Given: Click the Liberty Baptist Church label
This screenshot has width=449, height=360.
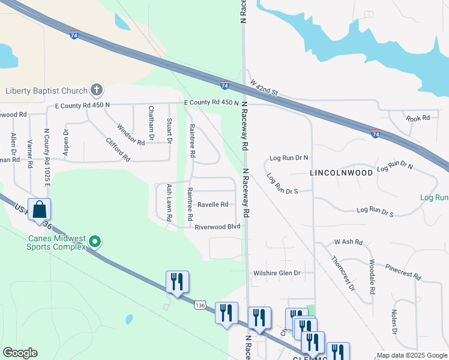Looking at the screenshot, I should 46,91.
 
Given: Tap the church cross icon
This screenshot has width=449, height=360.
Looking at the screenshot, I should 96,91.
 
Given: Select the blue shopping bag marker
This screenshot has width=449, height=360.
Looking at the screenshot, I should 40,210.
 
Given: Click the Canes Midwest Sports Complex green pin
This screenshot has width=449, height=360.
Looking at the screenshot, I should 94,242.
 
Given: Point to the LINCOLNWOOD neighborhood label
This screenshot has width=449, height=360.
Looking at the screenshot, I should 341,172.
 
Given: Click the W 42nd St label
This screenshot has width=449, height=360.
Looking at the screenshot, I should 265,88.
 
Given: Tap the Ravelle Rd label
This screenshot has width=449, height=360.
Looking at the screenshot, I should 212,205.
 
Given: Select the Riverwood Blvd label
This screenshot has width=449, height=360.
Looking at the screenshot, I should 217,227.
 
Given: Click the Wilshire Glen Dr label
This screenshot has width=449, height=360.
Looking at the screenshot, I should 276,273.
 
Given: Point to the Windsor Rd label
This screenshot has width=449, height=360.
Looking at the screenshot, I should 131,134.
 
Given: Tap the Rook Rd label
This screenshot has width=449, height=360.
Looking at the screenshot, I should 417,118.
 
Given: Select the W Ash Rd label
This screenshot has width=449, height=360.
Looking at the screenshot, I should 349,242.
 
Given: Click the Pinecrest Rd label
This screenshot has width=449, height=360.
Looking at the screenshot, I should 403,271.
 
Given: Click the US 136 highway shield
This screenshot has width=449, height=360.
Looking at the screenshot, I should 200,305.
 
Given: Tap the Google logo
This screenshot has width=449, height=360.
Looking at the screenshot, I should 20,352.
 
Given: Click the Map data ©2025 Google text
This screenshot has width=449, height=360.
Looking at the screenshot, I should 411,355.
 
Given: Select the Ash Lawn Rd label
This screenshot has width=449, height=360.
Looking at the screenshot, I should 169,203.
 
